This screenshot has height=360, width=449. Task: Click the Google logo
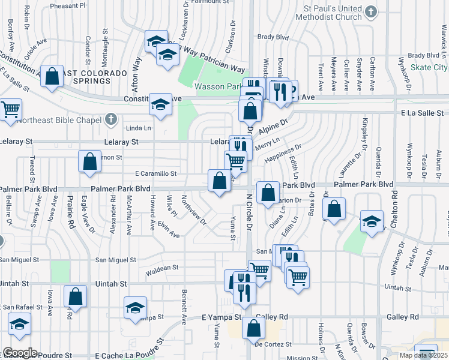pyautogui.click(x=19, y=353)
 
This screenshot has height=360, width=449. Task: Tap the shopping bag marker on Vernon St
pyautogui.click(x=89, y=161)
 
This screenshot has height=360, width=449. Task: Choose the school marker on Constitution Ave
pyautogui.click(x=160, y=104)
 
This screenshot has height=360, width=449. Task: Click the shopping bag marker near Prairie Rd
pyautogui.click(x=75, y=296)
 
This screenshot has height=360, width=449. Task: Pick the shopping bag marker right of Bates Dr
pyautogui.click(x=334, y=209)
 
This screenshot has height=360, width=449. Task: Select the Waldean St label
pyautogui.click(x=162, y=268)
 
